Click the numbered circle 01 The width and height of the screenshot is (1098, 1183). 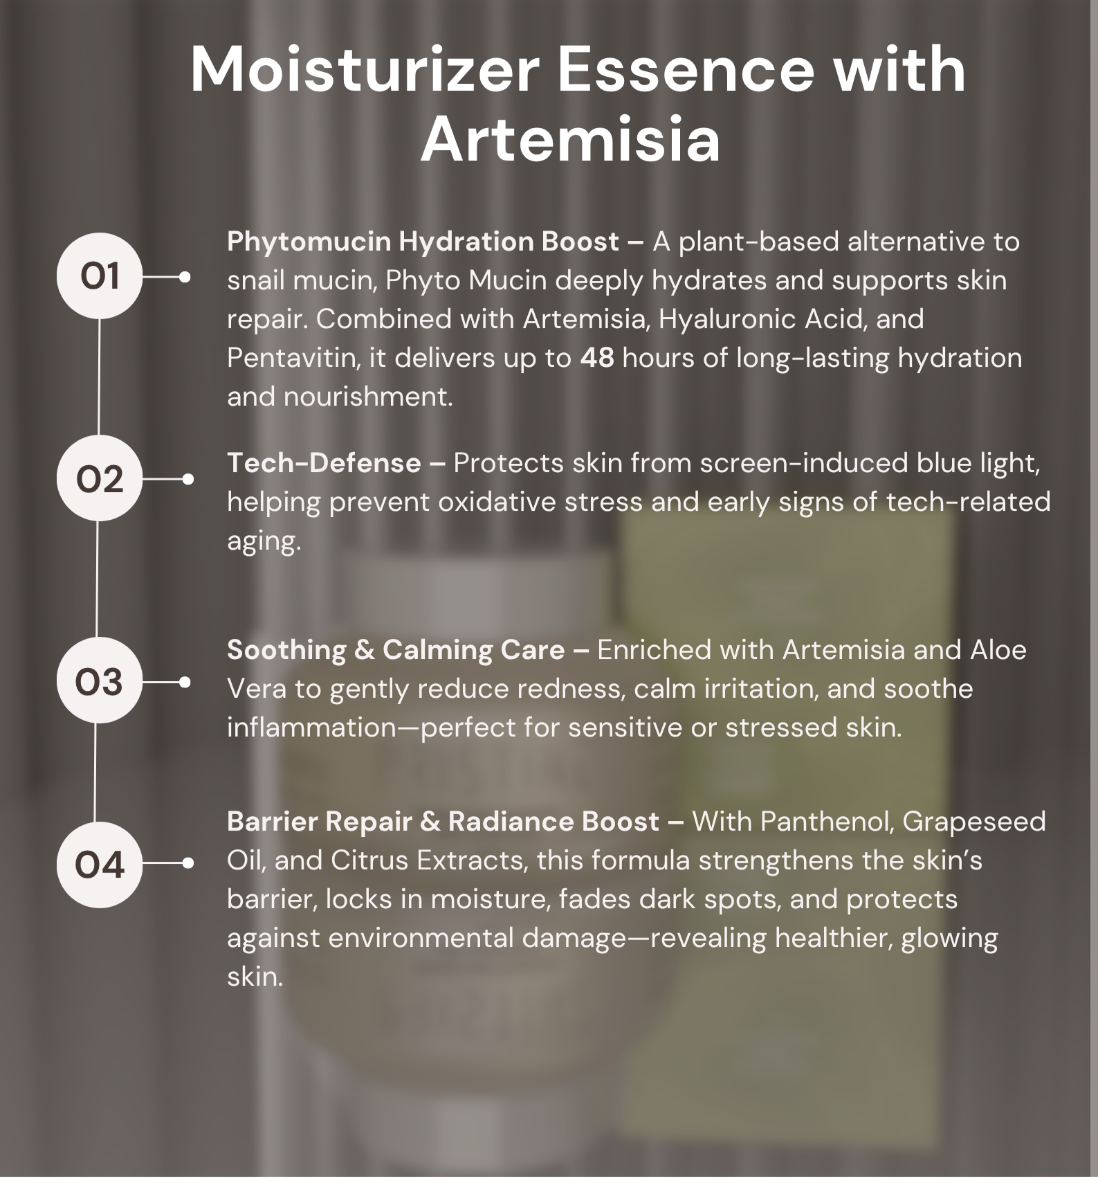pos(100,276)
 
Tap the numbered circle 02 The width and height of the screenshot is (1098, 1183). pos(100,478)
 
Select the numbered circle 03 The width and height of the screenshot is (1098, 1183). pos(100,680)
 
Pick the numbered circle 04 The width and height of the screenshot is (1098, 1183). pos(100,865)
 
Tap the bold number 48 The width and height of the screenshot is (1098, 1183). pos(597,358)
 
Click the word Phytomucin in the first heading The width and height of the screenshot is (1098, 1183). pos(309,242)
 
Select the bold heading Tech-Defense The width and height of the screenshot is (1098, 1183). pos(324,463)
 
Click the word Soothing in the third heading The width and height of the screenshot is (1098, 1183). pos(286,651)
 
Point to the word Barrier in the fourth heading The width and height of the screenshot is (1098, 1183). pos(271,822)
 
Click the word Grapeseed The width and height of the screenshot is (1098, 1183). pos(973,822)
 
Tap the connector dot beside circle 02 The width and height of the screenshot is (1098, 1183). pos(187,479)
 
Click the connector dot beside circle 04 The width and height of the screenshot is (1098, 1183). pos(187,863)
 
